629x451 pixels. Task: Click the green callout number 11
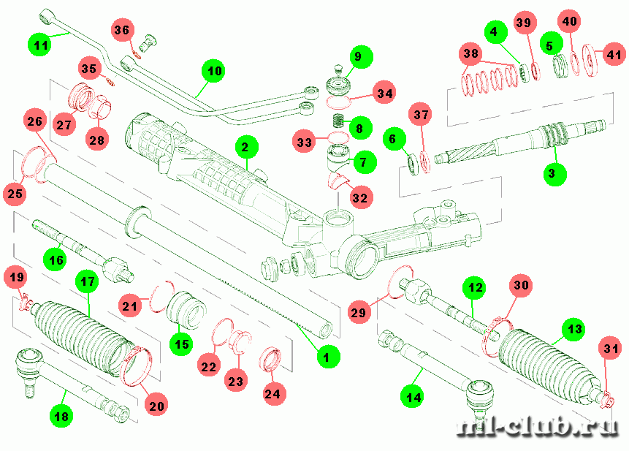tap(41, 45)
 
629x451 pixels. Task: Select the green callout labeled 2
tap(245, 148)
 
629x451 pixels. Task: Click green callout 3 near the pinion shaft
tap(553, 173)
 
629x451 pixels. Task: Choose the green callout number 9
tap(359, 56)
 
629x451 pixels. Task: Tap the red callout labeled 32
tap(358, 197)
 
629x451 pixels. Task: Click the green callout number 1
tap(327, 357)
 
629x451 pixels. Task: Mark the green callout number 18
tap(62, 416)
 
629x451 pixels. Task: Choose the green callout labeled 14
tap(414, 397)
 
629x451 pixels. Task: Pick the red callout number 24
tap(272, 394)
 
